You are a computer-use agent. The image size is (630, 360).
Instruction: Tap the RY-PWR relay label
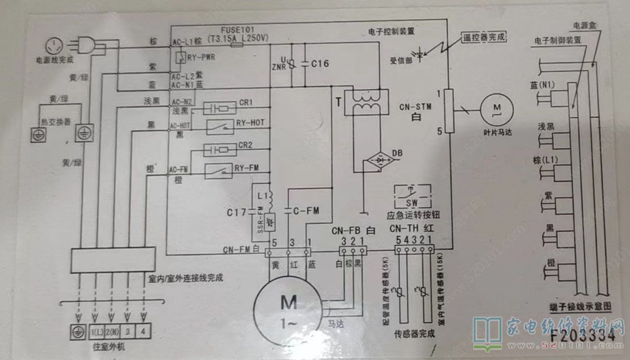coord(201,57)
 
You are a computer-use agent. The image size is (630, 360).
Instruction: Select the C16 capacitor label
coord(320,64)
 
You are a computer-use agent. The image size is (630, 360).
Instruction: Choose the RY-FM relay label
coord(246,167)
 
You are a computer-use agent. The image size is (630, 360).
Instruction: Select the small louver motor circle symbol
coord(496,108)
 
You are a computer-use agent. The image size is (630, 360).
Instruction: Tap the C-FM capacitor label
coord(307,210)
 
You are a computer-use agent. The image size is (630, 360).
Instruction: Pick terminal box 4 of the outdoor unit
coord(144,331)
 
